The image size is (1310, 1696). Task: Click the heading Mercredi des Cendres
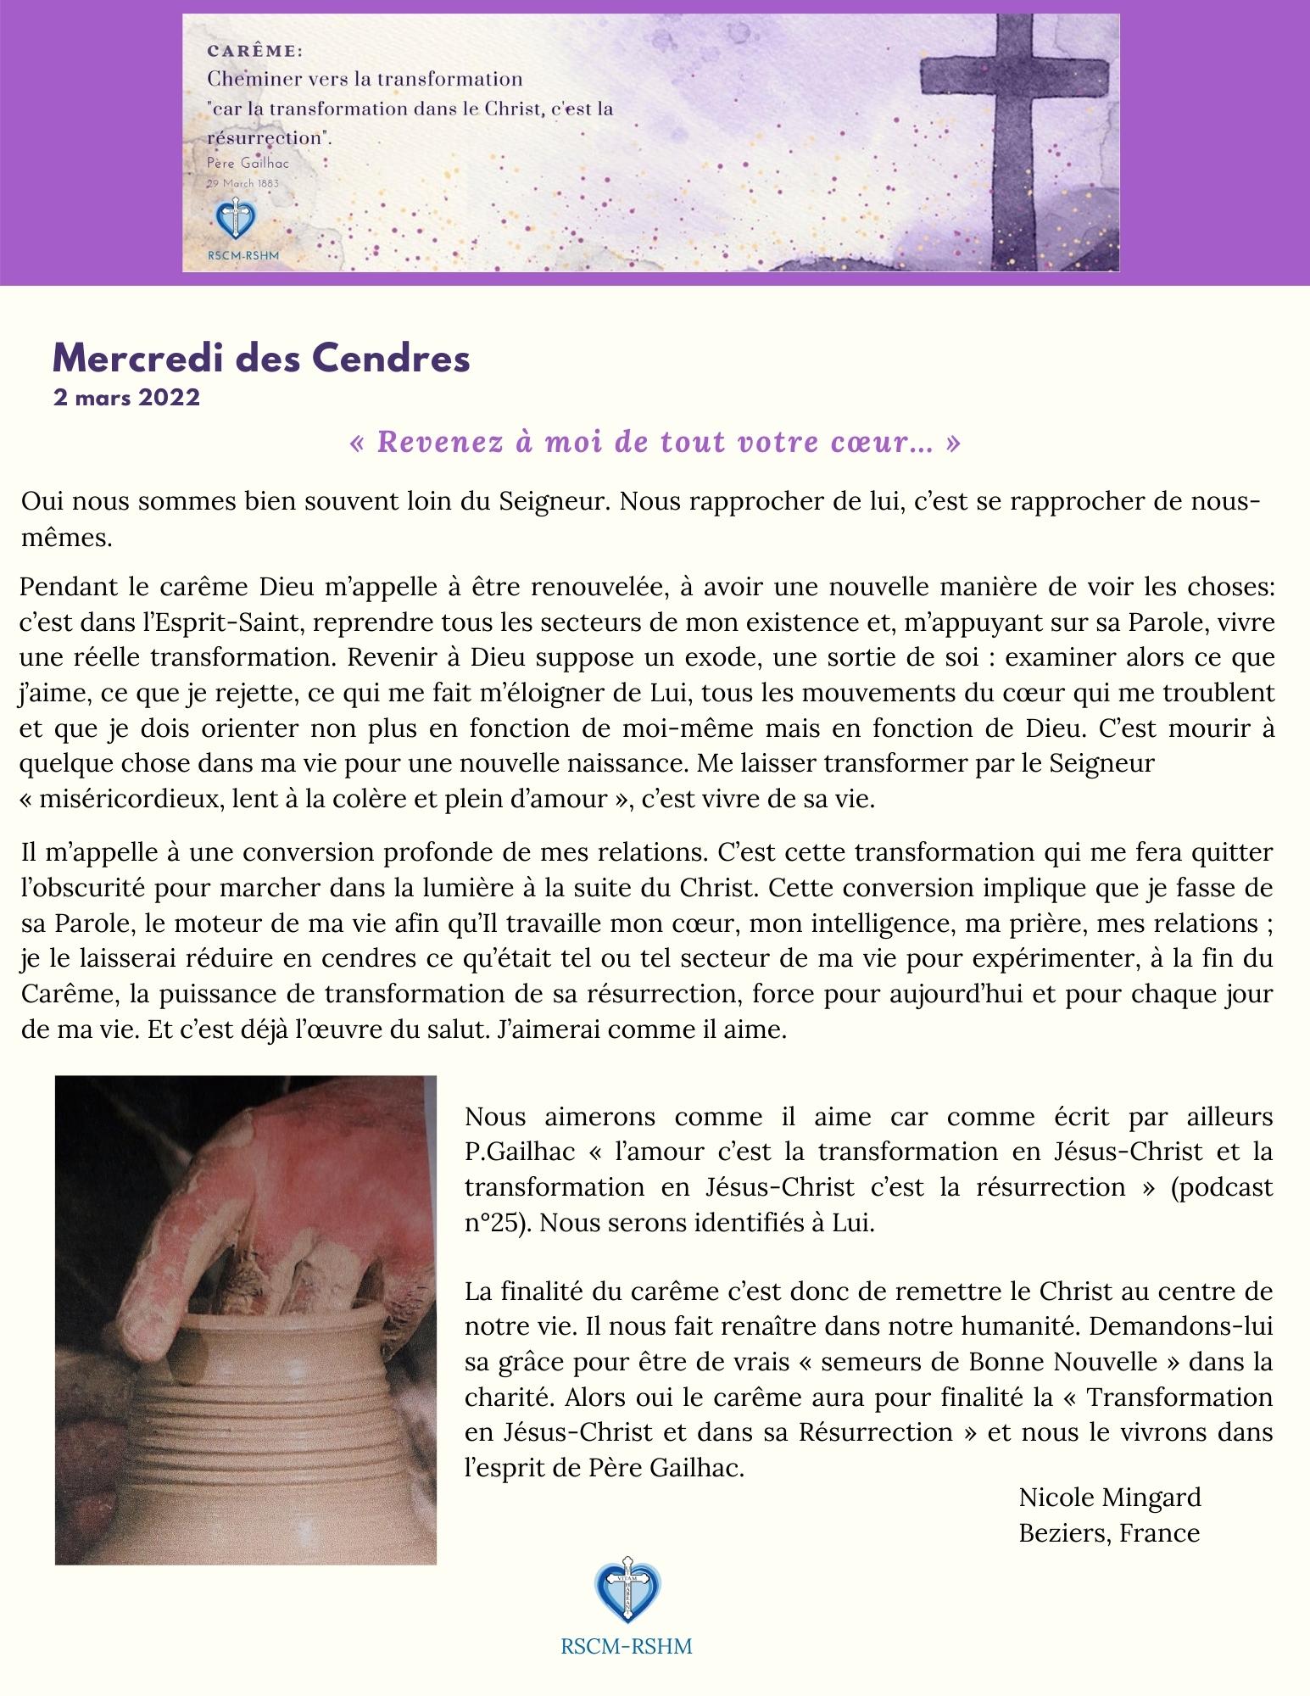(x=261, y=359)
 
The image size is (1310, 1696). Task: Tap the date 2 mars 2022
(x=126, y=398)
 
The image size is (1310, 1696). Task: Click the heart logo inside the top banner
(x=233, y=220)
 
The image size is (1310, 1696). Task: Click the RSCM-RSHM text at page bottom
(x=627, y=1647)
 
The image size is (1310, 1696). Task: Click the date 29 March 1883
(x=242, y=182)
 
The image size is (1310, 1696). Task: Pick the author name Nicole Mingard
(x=1110, y=1498)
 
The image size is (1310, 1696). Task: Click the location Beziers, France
(x=1109, y=1533)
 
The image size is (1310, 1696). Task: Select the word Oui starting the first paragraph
(x=42, y=501)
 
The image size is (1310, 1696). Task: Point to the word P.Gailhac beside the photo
(x=521, y=1152)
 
